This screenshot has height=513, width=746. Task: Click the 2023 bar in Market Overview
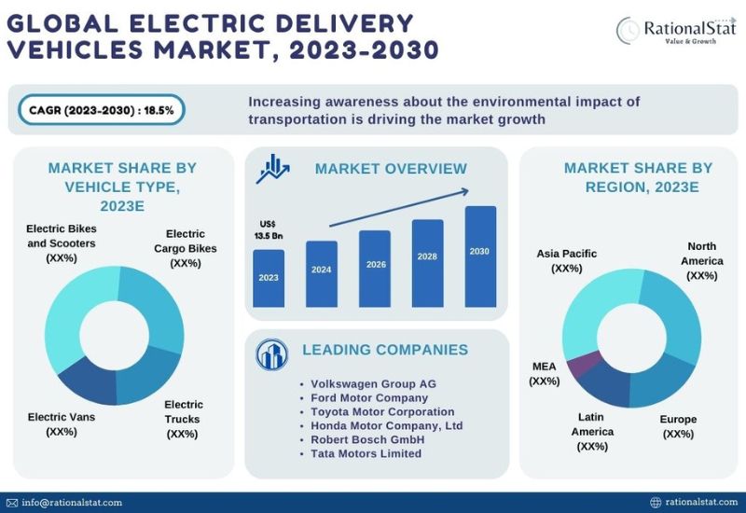(x=269, y=278)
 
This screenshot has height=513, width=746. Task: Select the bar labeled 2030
(x=480, y=256)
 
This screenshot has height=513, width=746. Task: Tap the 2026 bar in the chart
(x=375, y=269)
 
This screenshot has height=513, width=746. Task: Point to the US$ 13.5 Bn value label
(x=269, y=229)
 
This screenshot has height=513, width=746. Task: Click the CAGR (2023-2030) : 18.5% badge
(x=102, y=110)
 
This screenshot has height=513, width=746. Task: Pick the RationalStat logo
(x=676, y=31)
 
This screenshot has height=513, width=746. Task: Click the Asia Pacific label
(x=567, y=261)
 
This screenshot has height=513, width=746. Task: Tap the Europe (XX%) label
(x=678, y=426)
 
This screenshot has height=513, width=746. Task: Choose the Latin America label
(x=592, y=432)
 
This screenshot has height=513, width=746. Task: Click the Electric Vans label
(x=62, y=424)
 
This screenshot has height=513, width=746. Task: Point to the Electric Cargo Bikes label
(x=185, y=248)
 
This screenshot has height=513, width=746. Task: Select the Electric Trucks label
(x=183, y=419)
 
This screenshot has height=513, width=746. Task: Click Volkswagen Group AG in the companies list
(x=373, y=384)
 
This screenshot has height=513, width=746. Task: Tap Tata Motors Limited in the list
(x=366, y=453)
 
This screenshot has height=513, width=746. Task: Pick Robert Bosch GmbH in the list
(x=367, y=439)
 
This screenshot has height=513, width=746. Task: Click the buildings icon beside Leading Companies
(x=271, y=354)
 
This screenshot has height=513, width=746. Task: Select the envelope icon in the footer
(x=12, y=503)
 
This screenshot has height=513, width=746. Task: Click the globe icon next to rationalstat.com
(x=656, y=503)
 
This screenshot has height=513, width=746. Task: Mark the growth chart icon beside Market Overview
(x=272, y=169)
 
